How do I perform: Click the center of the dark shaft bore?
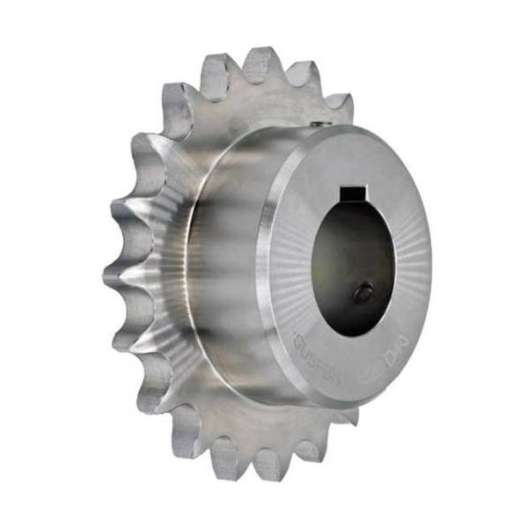(x=350, y=251)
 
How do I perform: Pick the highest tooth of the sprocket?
(x=260, y=63)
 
